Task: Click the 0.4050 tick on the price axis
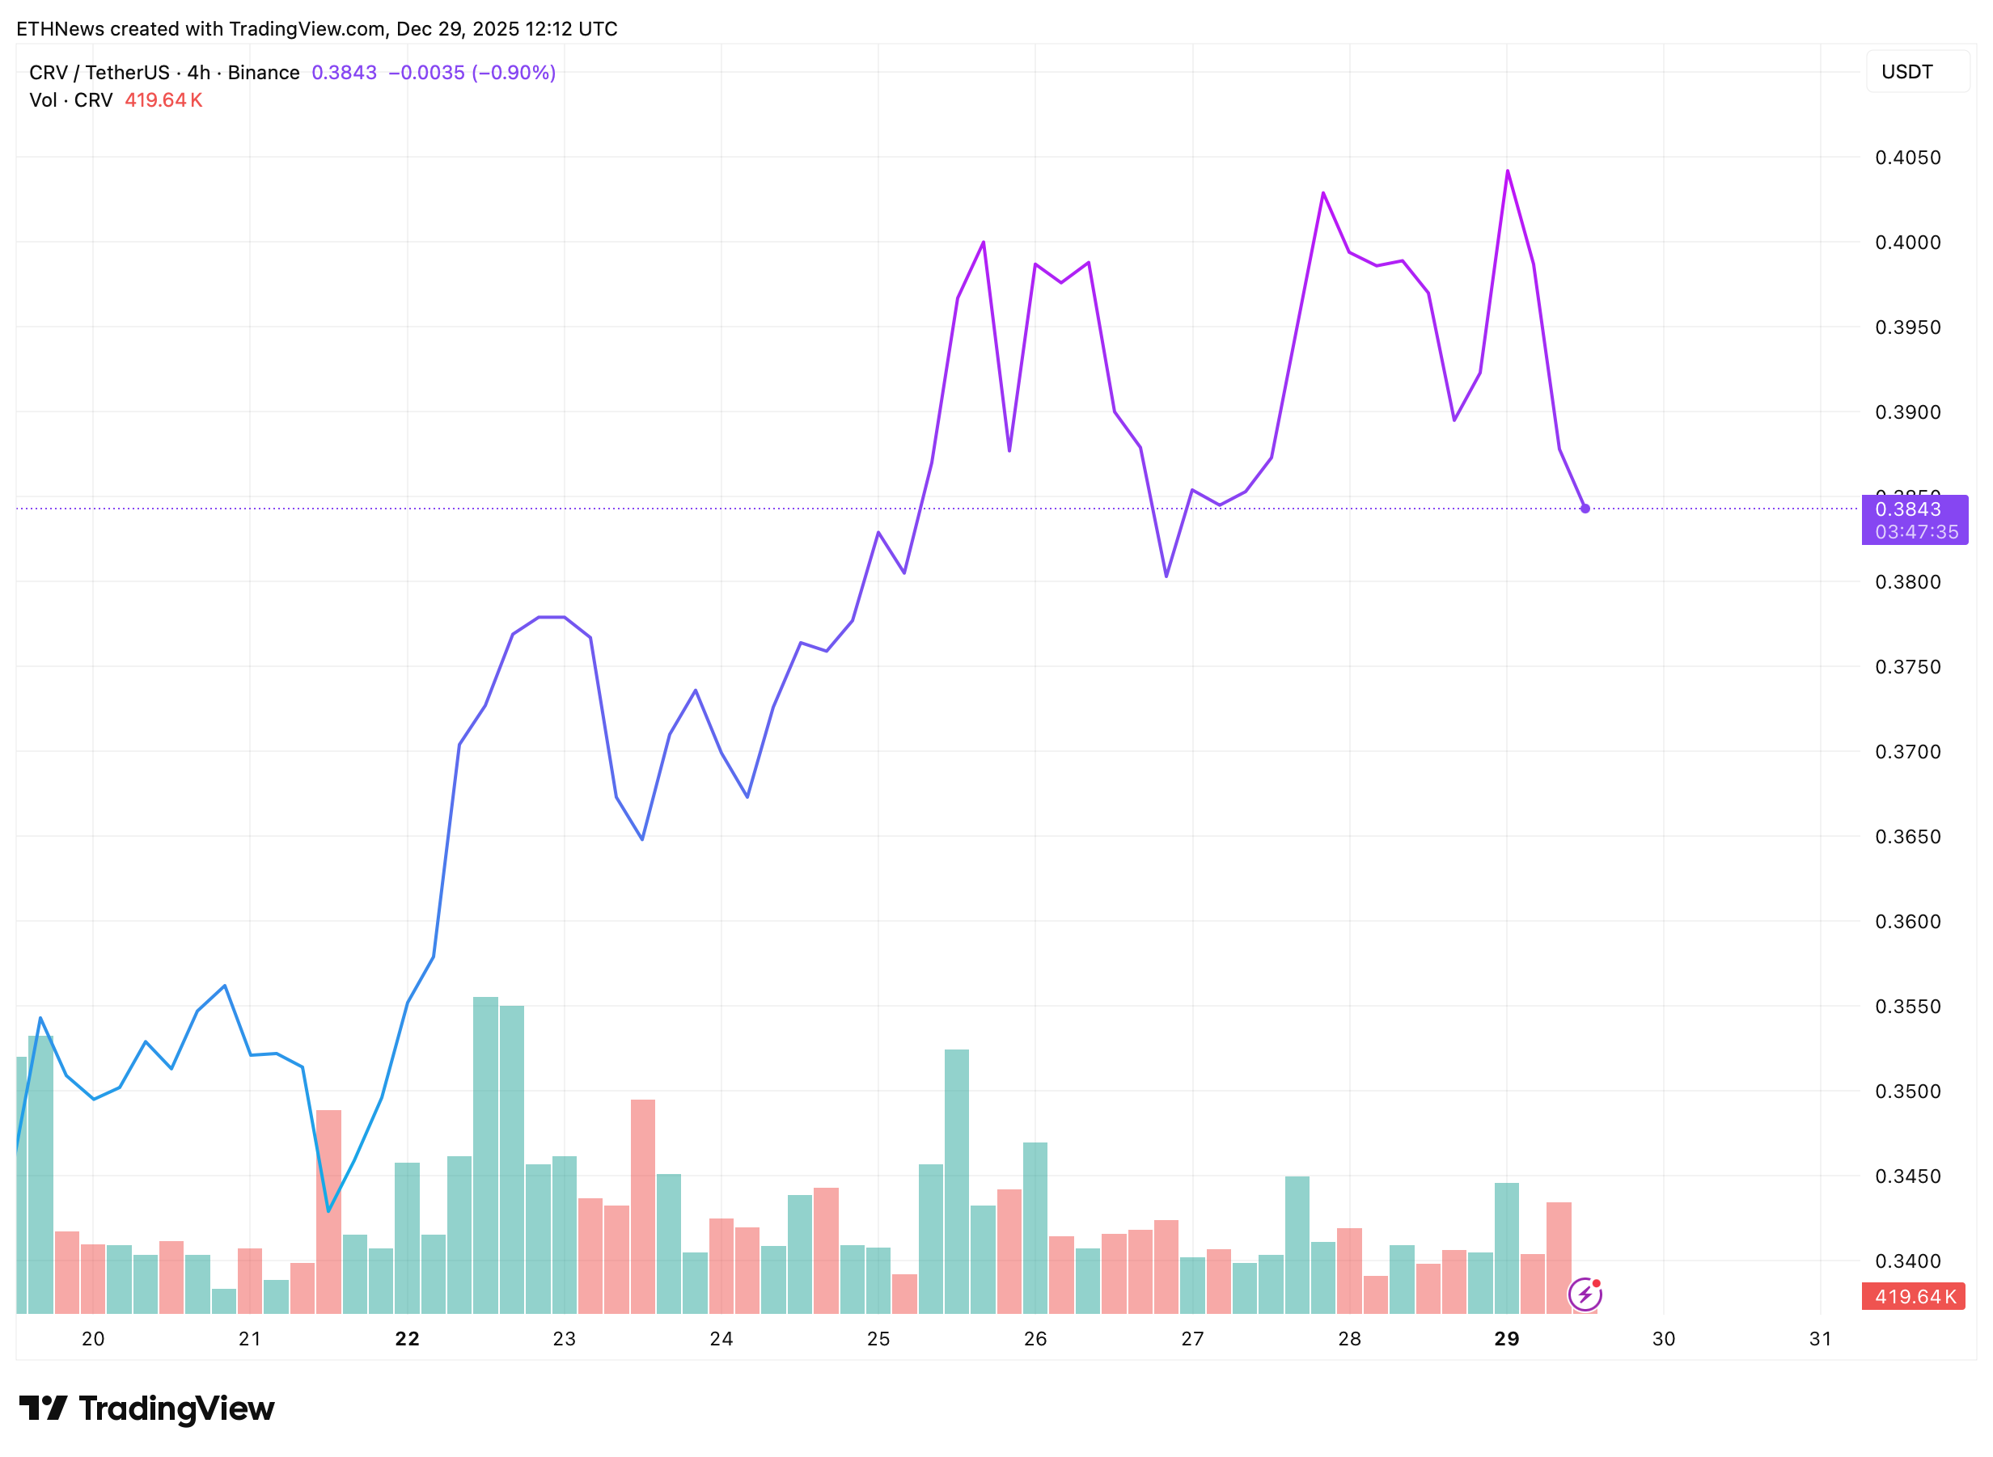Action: [1906, 158]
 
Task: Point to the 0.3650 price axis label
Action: [1906, 836]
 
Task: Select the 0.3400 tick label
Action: [1906, 1261]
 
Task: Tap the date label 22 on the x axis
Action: [407, 1339]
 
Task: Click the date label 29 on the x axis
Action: [1506, 1339]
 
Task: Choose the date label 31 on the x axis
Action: [1819, 1339]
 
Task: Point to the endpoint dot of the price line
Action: [1585, 509]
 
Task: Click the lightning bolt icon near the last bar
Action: [1585, 1294]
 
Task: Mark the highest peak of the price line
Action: [1507, 171]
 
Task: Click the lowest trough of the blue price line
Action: [328, 1211]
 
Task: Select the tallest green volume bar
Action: [485, 1155]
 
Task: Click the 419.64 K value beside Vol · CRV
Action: [163, 100]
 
